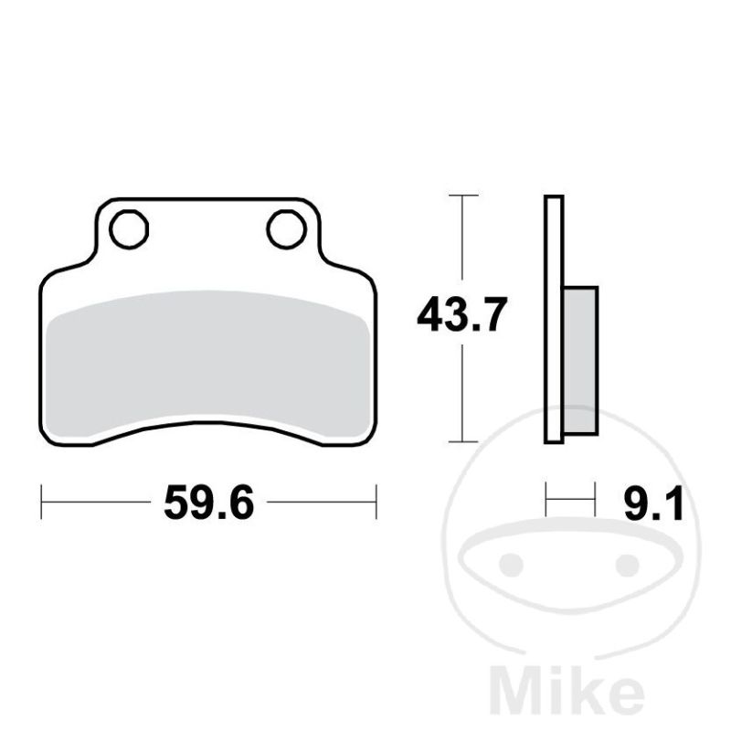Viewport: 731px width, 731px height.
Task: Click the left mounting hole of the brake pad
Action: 129,229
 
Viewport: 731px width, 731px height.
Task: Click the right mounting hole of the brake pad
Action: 287,229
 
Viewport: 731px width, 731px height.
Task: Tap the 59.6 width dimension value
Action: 209,502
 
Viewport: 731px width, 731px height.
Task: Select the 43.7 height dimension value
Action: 461,314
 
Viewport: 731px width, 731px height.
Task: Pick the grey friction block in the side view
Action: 581,361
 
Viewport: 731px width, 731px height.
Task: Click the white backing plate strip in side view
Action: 554,319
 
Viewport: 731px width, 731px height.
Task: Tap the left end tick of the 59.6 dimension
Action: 41,502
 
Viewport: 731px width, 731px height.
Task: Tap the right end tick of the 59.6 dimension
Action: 376,502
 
